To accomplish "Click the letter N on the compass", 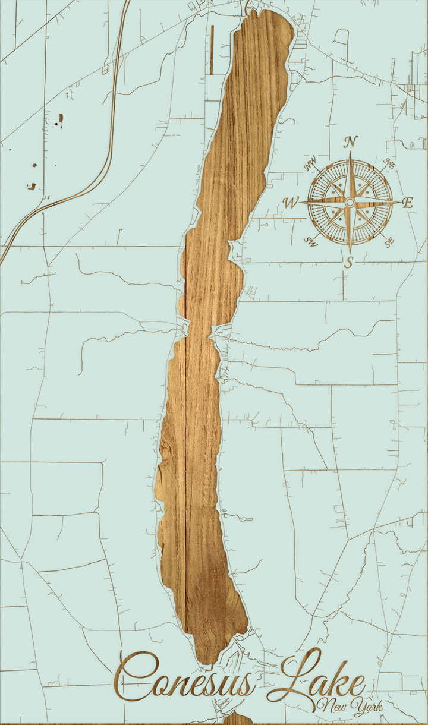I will (x=351, y=142).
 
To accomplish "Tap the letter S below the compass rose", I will (x=349, y=261).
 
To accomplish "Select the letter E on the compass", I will (x=407, y=203).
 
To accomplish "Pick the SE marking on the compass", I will (x=389, y=242).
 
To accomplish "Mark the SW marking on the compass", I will (x=310, y=241).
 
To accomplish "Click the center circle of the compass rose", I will (x=350, y=203).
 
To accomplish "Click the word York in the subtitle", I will (x=367, y=706).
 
